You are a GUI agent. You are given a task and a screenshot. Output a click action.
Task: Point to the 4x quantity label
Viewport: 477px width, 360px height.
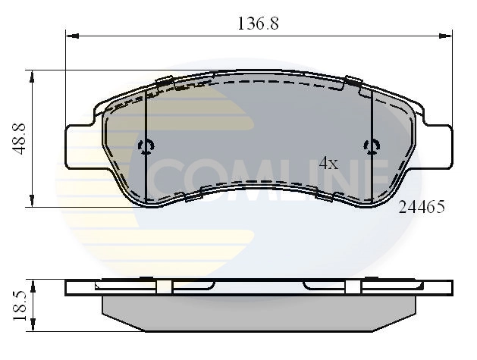pyautogui.click(x=328, y=163)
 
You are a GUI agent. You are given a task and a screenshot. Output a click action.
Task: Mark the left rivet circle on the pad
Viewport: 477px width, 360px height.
pyautogui.click(x=146, y=146)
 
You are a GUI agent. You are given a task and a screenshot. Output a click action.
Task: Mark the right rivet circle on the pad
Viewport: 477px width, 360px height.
pyautogui.click(x=371, y=146)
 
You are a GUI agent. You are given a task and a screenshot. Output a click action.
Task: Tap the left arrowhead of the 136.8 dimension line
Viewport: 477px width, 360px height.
pyautogui.click(x=71, y=34)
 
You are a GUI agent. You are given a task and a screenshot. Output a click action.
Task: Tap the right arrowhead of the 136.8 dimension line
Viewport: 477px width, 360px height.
pyautogui.click(x=447, y=34)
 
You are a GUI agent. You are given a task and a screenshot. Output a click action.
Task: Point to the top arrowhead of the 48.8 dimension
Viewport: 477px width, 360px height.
pyautogui.click(x=32, y=75)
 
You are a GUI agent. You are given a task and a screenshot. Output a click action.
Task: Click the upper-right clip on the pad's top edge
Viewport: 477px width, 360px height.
pyautogui.click(x=353, y=82)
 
